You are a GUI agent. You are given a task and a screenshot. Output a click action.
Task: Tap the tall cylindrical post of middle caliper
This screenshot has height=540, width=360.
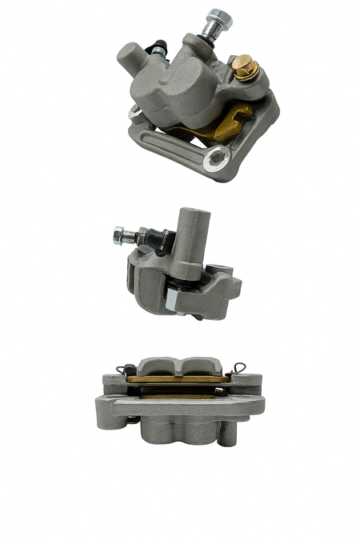click(193, 236)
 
